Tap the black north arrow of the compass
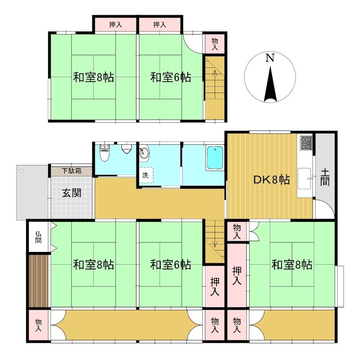pyautogui.click(x=270, y=85)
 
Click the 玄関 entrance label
pyautogui.click(x=72, y=193)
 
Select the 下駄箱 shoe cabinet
pyautogui.click(x=72, y=171)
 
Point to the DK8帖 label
pyautogui.click(x=272, y=180)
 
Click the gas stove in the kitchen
pyautogui.click(x=306, y=143)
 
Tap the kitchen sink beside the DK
pyautogui.click(x=305, y=178)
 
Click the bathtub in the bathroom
pyautogui.click(x=215, y=158)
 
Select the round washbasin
pyautogui.click(x=144, y=153)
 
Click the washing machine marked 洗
pyautogui.click(x=146, y=175)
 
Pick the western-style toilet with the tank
pyautogui.click(x=104, y=153)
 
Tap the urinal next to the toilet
pyautogui.click(x=126, y=149)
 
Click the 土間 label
pyautogui.click(x=325, y=177)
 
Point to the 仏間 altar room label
pyautogui.click(x=38, y=237)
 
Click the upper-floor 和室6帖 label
pyautogui.click(x=171, y=77)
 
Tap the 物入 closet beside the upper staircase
pyautogui.click(x=215, y=44)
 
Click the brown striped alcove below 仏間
pyautogui.click(x=39, y=280)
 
